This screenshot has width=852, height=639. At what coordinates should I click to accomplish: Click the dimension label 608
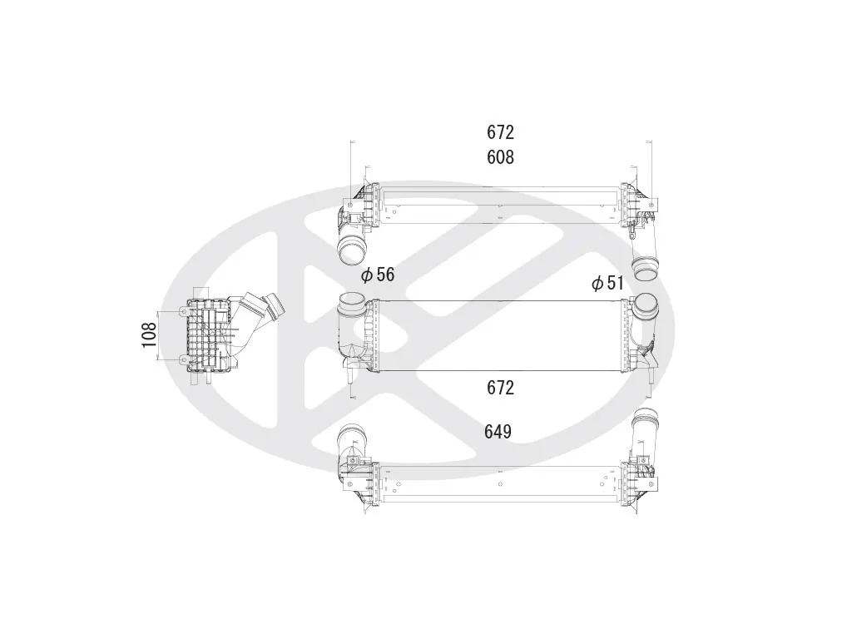click(x=500, y=157)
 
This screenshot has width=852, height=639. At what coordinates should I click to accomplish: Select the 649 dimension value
click(x=498, y=432)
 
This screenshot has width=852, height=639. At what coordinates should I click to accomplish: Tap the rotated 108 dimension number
click(x=149, y=334)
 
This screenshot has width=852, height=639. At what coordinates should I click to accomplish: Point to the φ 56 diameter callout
click(x=378, y=275)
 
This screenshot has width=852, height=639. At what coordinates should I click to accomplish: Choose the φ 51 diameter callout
click(x=607, y=283)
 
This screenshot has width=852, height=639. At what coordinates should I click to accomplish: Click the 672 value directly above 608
click(x=500, y=132)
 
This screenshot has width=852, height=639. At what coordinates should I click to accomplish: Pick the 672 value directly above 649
click(x=500, y=388)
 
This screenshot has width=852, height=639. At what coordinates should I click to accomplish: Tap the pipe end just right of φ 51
click(x=645, y=270)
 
